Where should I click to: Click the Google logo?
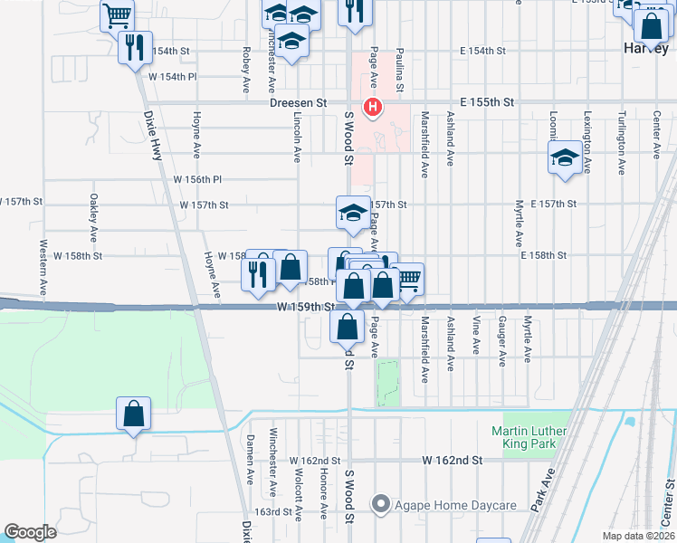pyautogui.click(x=30, y=532)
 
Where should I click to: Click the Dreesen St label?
pyautogui.click(x=298, y=103)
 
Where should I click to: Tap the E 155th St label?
pyautogui.click(x=487, y=103)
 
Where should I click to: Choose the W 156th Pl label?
pyautogui.click(x=198, y=179)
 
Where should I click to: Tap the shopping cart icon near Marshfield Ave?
pyautogui.click(x=409, y=278)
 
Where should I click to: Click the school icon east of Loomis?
pyautogui.click(x=565, y=157)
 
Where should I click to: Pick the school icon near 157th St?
pyautogui.click(x=352, y=213)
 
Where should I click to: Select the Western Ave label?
pyautogui.click(x=43, y=267)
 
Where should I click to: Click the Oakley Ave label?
pyautogui.click(x=93, y=217)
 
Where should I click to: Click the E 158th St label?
pyautogui.click(x=543, y=256)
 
